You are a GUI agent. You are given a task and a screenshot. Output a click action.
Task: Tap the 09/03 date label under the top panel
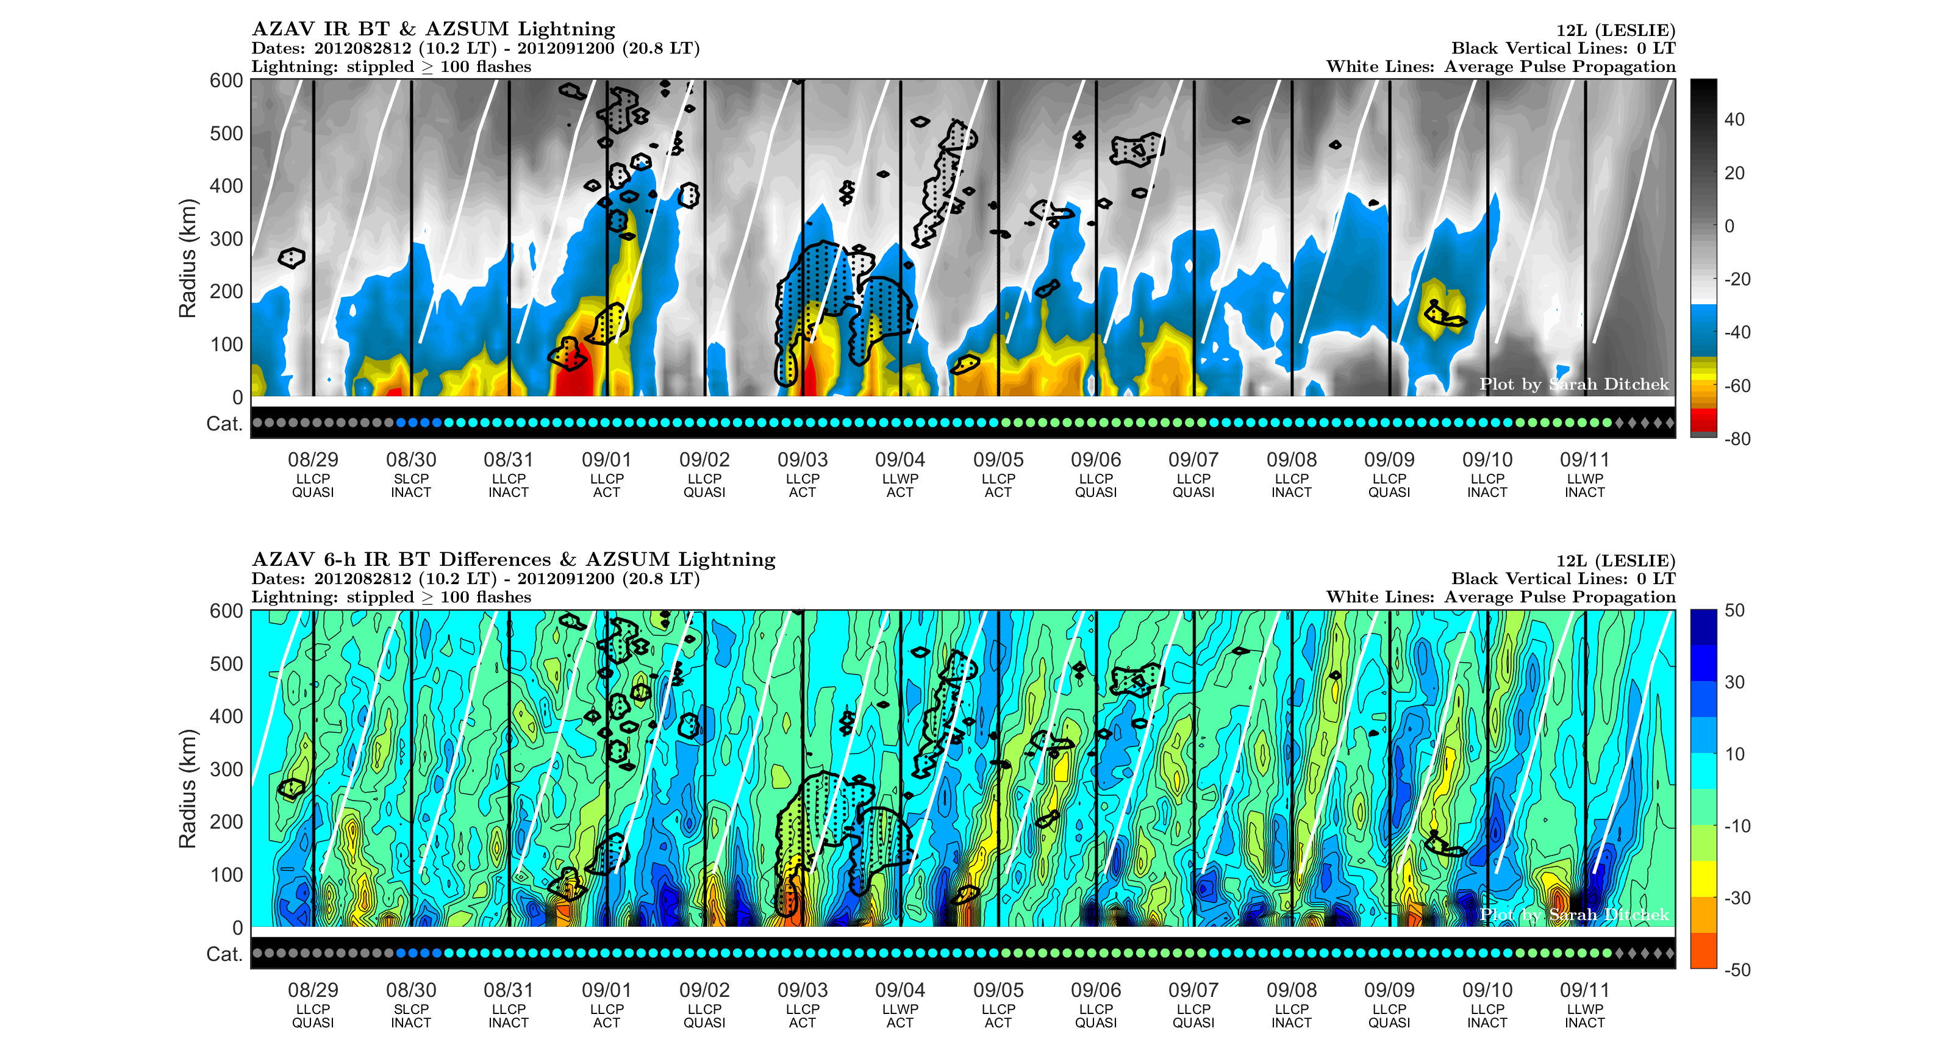click(x=803, y=459)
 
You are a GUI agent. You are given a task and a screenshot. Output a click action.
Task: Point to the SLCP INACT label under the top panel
click(x=411, y=485)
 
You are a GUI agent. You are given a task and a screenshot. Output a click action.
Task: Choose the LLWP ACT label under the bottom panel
click(x=900, y=1015)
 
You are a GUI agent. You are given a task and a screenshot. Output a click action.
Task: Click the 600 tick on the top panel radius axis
click(x=226, y=80)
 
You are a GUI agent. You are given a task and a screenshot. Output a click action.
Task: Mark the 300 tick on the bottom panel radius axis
click(x=226, y=769)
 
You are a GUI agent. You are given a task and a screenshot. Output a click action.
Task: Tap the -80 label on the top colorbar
click(x=1737, y=438)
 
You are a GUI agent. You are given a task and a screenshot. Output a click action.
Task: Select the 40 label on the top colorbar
click(x=1734, y=120)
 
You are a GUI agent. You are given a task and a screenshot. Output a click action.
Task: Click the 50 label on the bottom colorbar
click(x=1734, y=610)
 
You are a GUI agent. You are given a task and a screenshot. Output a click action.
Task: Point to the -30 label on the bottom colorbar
click(x=1737, y=898)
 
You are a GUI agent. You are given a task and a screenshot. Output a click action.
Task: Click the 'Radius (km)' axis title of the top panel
click(x=187, y=259)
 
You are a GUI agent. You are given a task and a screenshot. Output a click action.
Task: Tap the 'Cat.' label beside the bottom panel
click(x=224, y=954)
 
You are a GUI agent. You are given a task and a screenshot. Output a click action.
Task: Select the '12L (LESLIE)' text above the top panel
click(x=1615, y=30)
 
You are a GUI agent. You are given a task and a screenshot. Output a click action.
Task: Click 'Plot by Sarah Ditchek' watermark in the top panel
click(x=1574, y=384)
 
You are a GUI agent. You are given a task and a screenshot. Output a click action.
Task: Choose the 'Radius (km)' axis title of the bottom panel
click(x=187, y=788)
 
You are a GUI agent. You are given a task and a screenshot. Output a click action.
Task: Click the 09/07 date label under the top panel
click(x=1193, y=459)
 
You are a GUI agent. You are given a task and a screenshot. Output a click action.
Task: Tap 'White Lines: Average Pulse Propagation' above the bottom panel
click(x=1500, y=596)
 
